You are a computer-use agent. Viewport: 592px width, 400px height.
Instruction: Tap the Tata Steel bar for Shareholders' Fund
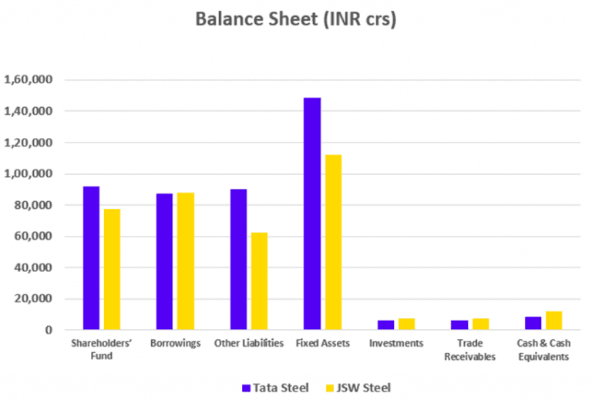(91, 258)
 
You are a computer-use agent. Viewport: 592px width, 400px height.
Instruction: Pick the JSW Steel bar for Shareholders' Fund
(112, 270)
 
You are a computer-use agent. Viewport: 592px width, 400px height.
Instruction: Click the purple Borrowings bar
(164, 262)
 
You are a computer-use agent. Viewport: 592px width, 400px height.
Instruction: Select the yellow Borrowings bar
(186, 261)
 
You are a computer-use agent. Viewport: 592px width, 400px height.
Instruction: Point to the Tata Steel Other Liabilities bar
(238, 260)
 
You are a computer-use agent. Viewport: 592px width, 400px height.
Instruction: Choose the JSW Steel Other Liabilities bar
(259, 281)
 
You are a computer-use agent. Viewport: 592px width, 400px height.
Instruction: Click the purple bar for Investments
(386, 325)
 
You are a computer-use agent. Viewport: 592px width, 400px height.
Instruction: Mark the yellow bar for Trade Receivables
(480, 324)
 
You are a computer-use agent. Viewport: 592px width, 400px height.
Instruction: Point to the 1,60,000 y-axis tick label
(29, 80)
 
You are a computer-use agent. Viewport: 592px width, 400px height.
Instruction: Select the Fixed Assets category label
(322, 343)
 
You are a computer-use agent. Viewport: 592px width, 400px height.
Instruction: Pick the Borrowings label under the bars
(175, 343)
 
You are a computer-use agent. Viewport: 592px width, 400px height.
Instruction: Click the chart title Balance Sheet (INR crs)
(296, 19)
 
